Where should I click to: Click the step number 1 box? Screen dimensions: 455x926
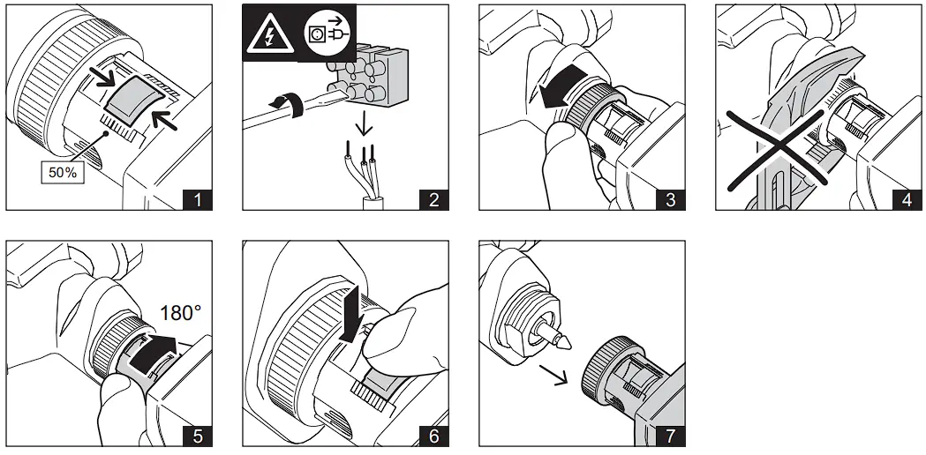(x=197, y=199)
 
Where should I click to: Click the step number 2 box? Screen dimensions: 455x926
(x=433, y=199)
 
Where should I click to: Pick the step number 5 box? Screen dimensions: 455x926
(x=197, y=436)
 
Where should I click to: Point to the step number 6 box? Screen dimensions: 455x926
(x=433, y=436)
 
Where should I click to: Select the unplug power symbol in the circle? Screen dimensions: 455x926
(x=319, y=33)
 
